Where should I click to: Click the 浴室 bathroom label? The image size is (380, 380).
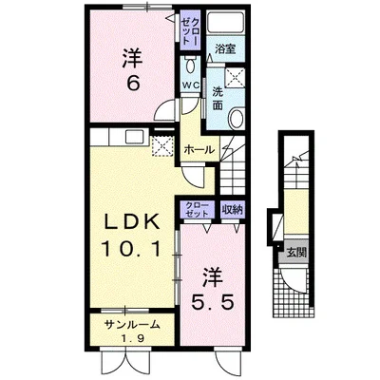click(x=225, y=49)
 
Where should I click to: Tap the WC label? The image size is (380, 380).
click(x=190, y=85)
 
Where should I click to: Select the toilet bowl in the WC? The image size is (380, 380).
click(x=190, y=65)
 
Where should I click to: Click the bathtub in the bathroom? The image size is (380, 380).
click(x=225, y=22)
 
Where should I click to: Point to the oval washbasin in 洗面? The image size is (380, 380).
click(x=237, y=118)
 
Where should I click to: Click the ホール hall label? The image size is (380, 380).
click(x=199, y=149)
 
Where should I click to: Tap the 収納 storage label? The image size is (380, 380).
click(x=233, y=209)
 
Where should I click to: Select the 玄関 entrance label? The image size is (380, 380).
click(x=296, y=253)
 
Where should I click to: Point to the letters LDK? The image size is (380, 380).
click(x=132, y=222)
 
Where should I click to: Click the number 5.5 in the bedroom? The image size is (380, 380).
click(x=213, y=303)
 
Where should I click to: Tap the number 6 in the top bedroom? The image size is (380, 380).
click(x=133, y=84)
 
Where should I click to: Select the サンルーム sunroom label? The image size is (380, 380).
click(x=131, y=324)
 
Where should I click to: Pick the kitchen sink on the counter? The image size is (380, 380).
click(x=136, y=137)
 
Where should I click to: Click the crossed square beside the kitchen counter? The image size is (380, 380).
click(x=162, y=145)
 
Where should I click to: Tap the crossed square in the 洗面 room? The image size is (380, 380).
click(x=235, y=77)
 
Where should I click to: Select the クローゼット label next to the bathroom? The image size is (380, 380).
click(x=190, y=30)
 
